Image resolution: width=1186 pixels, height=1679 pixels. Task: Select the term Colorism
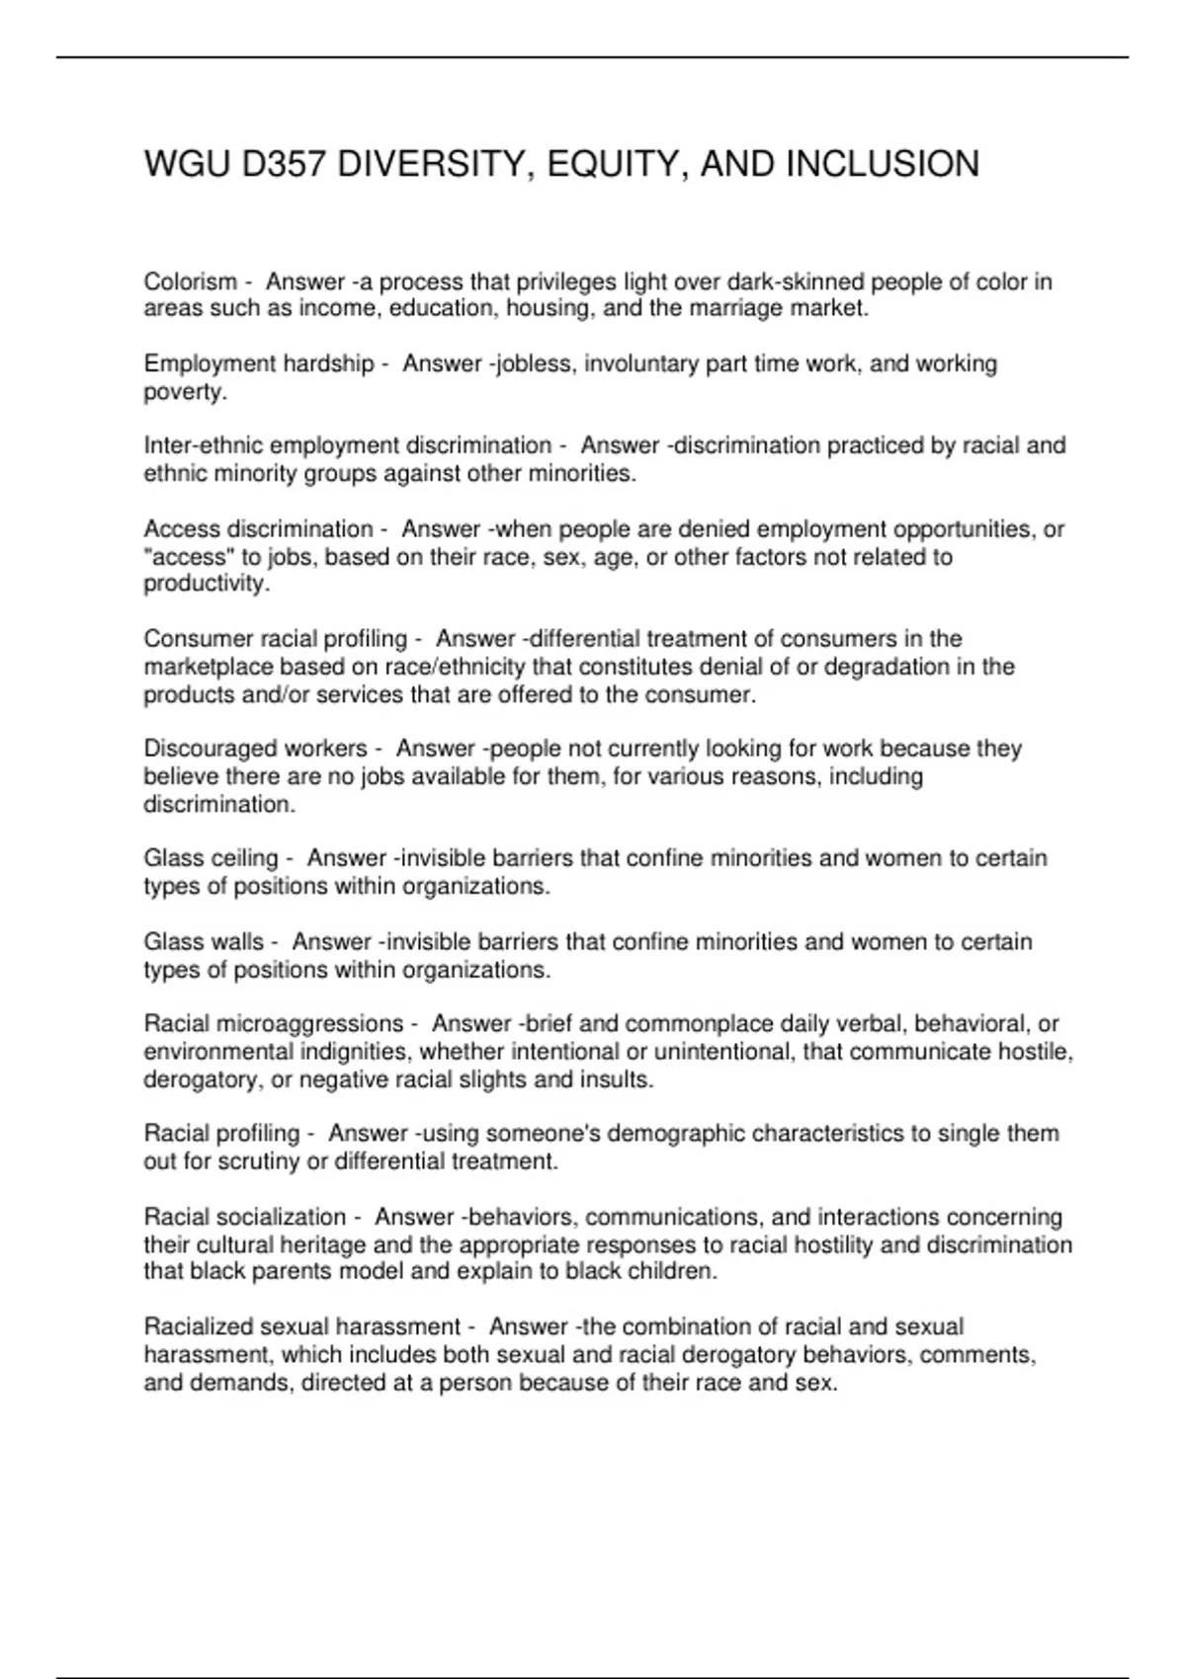pos(191,282)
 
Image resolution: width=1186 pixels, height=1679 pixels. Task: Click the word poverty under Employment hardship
pos(184,392)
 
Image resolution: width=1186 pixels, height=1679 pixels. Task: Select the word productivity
pos(205,584)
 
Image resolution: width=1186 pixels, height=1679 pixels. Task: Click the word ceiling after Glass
pos(245,858)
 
